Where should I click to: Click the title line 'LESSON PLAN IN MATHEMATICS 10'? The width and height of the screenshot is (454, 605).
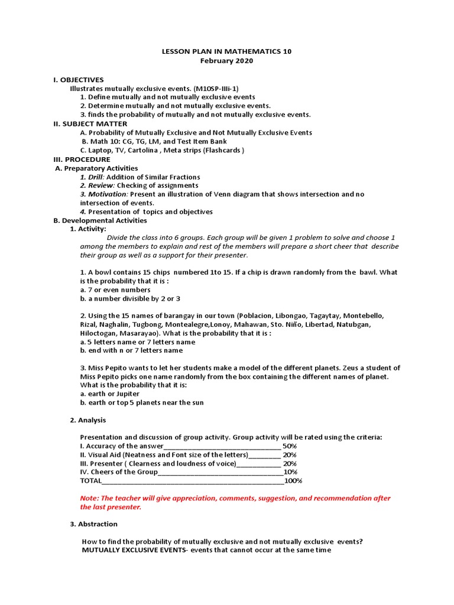226,51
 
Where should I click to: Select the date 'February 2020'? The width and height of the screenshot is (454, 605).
226,61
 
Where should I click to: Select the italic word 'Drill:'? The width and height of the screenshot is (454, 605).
92,177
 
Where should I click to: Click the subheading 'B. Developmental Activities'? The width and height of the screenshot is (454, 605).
100,220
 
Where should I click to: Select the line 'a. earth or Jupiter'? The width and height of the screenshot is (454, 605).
110,394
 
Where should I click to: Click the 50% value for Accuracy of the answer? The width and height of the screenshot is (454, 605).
290,446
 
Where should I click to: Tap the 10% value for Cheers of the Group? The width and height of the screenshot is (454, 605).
290,472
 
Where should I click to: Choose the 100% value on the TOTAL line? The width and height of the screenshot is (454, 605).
293,481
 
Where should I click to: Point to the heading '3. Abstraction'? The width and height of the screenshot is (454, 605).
93,524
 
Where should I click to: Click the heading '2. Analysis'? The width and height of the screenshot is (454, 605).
88,420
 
